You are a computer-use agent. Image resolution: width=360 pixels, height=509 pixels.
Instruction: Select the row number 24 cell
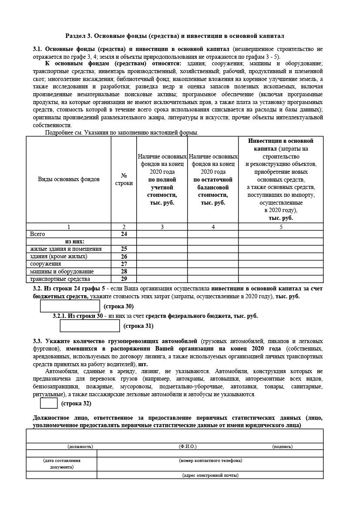(124, 234)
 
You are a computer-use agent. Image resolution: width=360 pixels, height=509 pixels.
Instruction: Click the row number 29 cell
(124, 279)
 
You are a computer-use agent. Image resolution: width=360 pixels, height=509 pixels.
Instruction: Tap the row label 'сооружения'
(45, 264)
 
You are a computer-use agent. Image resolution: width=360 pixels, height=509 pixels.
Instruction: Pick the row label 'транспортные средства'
(60, 279)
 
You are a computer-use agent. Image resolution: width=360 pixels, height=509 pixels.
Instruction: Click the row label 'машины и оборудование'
(62, 271)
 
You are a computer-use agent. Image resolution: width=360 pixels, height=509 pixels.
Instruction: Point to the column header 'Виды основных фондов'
(68, 179)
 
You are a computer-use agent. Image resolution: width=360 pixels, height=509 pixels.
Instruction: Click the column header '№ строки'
(124, 179)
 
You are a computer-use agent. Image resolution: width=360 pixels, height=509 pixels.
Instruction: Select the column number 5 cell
(281, 226)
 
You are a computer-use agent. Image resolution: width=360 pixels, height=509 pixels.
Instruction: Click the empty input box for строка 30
(70, 306)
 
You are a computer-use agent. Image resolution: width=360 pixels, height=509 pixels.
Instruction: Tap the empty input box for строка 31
(90, 326)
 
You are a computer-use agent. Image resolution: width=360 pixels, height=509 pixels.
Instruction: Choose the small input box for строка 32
(49, 404)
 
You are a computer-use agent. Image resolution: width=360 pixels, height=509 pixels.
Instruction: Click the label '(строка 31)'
(138, 326)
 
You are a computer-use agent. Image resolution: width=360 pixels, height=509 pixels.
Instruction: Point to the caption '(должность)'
(80, 446)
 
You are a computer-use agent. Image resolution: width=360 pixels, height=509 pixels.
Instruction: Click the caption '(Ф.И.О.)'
(188, 446)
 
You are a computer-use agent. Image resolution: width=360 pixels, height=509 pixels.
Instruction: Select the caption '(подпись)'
(282, 446)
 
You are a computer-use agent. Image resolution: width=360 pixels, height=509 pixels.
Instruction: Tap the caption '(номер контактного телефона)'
(210, 460)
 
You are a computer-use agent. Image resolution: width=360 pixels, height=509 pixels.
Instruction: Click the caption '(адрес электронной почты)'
(210, 475)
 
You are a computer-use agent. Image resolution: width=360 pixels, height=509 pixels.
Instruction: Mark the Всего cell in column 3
(162, 234)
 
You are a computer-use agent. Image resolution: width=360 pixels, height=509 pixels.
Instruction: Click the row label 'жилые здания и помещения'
(66, 249)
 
